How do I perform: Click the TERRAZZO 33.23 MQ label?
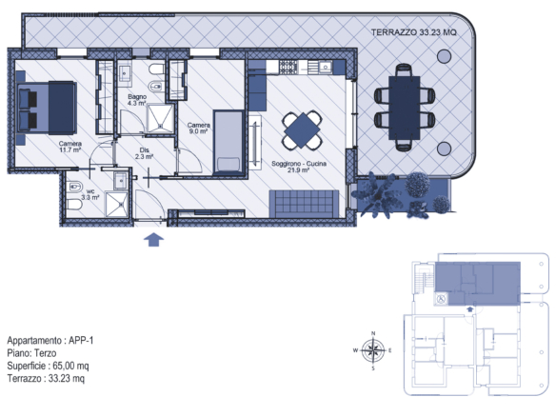pyautogui.click(x=414, y=32)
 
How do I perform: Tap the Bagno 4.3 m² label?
pyautogui.click(x=137, y=100)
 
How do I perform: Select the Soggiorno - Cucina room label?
pyautogui.click(x=299, y=167)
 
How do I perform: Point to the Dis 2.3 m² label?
pyautogui.click(x=144, y=153)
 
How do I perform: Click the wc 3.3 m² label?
pyautogui.click(x=90, y=194)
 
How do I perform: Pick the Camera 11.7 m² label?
pyautogui.click(x=70, y=147)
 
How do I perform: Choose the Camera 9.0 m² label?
pyautogui.click(x=199, y=128)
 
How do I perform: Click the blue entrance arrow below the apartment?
pyautogui.click(x=153, y=239)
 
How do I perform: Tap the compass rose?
pyautogui.click(x=373, y=350)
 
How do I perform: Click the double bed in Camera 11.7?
pyautogui.click(x=46, y=108)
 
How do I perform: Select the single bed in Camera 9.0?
pyautogui.click(x=228, y=143)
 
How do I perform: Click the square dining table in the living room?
pyautogui.click(x=302, y=130)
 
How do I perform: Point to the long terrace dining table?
pyautogui.click(x=405, y=108)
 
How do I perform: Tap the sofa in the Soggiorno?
pyautogui.click(x=304, y=204)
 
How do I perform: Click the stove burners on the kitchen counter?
pyautogui.click(x=288, y=67)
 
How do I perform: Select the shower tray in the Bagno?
pyautogui.click(x=160, y=118)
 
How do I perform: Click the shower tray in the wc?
pyautogui.click(x=116, y=205)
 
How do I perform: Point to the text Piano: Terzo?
pyautogui.click(x=31, y=353)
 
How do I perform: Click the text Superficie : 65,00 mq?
pyautogui.click(x=48, y=366)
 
